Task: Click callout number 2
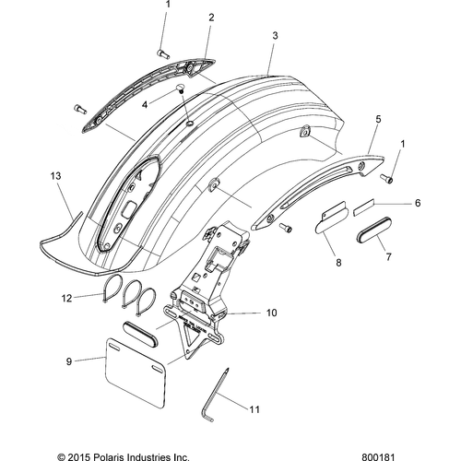click(211, 18)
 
